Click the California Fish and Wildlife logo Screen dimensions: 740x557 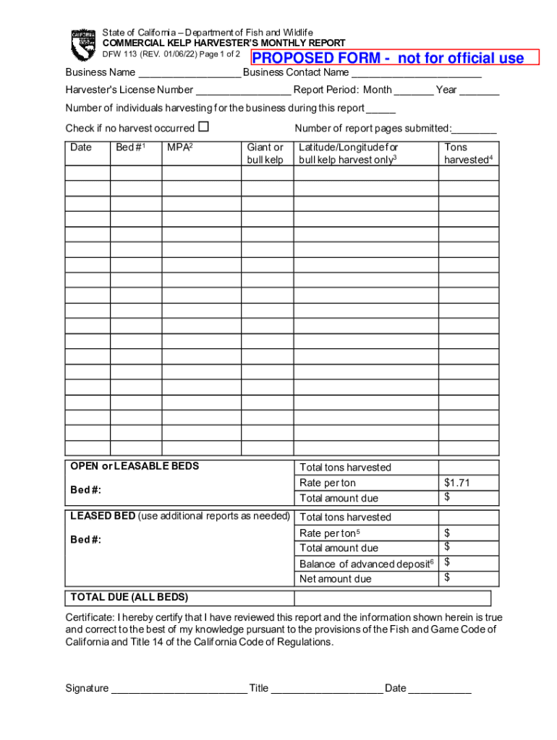tap(82, 45)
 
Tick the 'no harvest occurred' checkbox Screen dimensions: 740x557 tap(203, 127)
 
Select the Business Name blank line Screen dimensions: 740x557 tap(190, 74)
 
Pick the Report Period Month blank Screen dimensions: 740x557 tap(414, 91)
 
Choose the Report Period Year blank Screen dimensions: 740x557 tap(479, 91)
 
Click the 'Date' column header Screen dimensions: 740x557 tap(81, 147)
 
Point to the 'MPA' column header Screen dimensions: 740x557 tap(179, 147)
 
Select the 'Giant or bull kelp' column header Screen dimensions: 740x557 tap(265, 153)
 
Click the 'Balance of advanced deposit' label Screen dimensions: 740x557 tap(366, 564)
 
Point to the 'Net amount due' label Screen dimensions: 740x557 tap(335, 579)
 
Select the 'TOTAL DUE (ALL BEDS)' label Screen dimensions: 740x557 tap(129, 598)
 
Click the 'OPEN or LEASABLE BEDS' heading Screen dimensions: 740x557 tap(135, 466)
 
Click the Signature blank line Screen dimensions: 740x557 tap(179, 689)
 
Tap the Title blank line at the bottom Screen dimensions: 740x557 tap(326, 689)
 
